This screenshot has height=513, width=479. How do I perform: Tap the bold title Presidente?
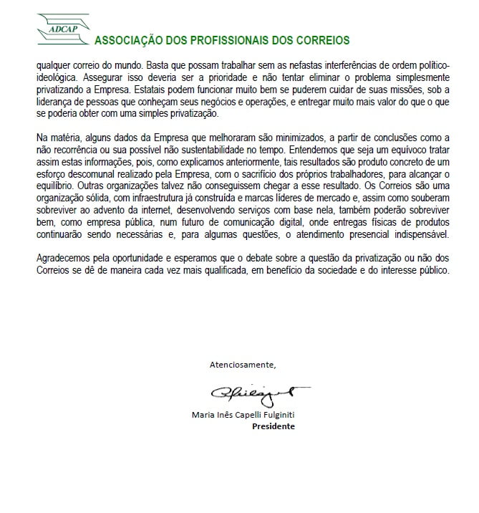[x=273, y=426]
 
